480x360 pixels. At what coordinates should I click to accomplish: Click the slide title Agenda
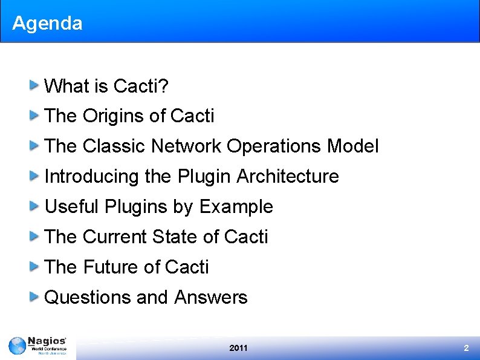tap(47, 24)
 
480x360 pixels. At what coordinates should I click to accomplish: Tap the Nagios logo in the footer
tap(37, 347)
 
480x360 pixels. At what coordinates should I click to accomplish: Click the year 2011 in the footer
tap(239, 348)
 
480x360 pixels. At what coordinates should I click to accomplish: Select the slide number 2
tap(466, 348)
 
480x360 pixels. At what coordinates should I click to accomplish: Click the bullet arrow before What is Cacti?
tap(36, 85)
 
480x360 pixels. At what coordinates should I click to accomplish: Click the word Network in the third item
tap(186, 146)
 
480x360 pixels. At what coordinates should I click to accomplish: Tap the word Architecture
tap(288, 176)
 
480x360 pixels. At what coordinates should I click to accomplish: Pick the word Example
tap(236, 206)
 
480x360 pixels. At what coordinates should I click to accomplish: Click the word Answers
tap(211, 297)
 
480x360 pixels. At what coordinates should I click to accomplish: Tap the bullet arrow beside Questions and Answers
tap(36, 296)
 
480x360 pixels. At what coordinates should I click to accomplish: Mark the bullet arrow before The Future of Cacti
tap(36, 266)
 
